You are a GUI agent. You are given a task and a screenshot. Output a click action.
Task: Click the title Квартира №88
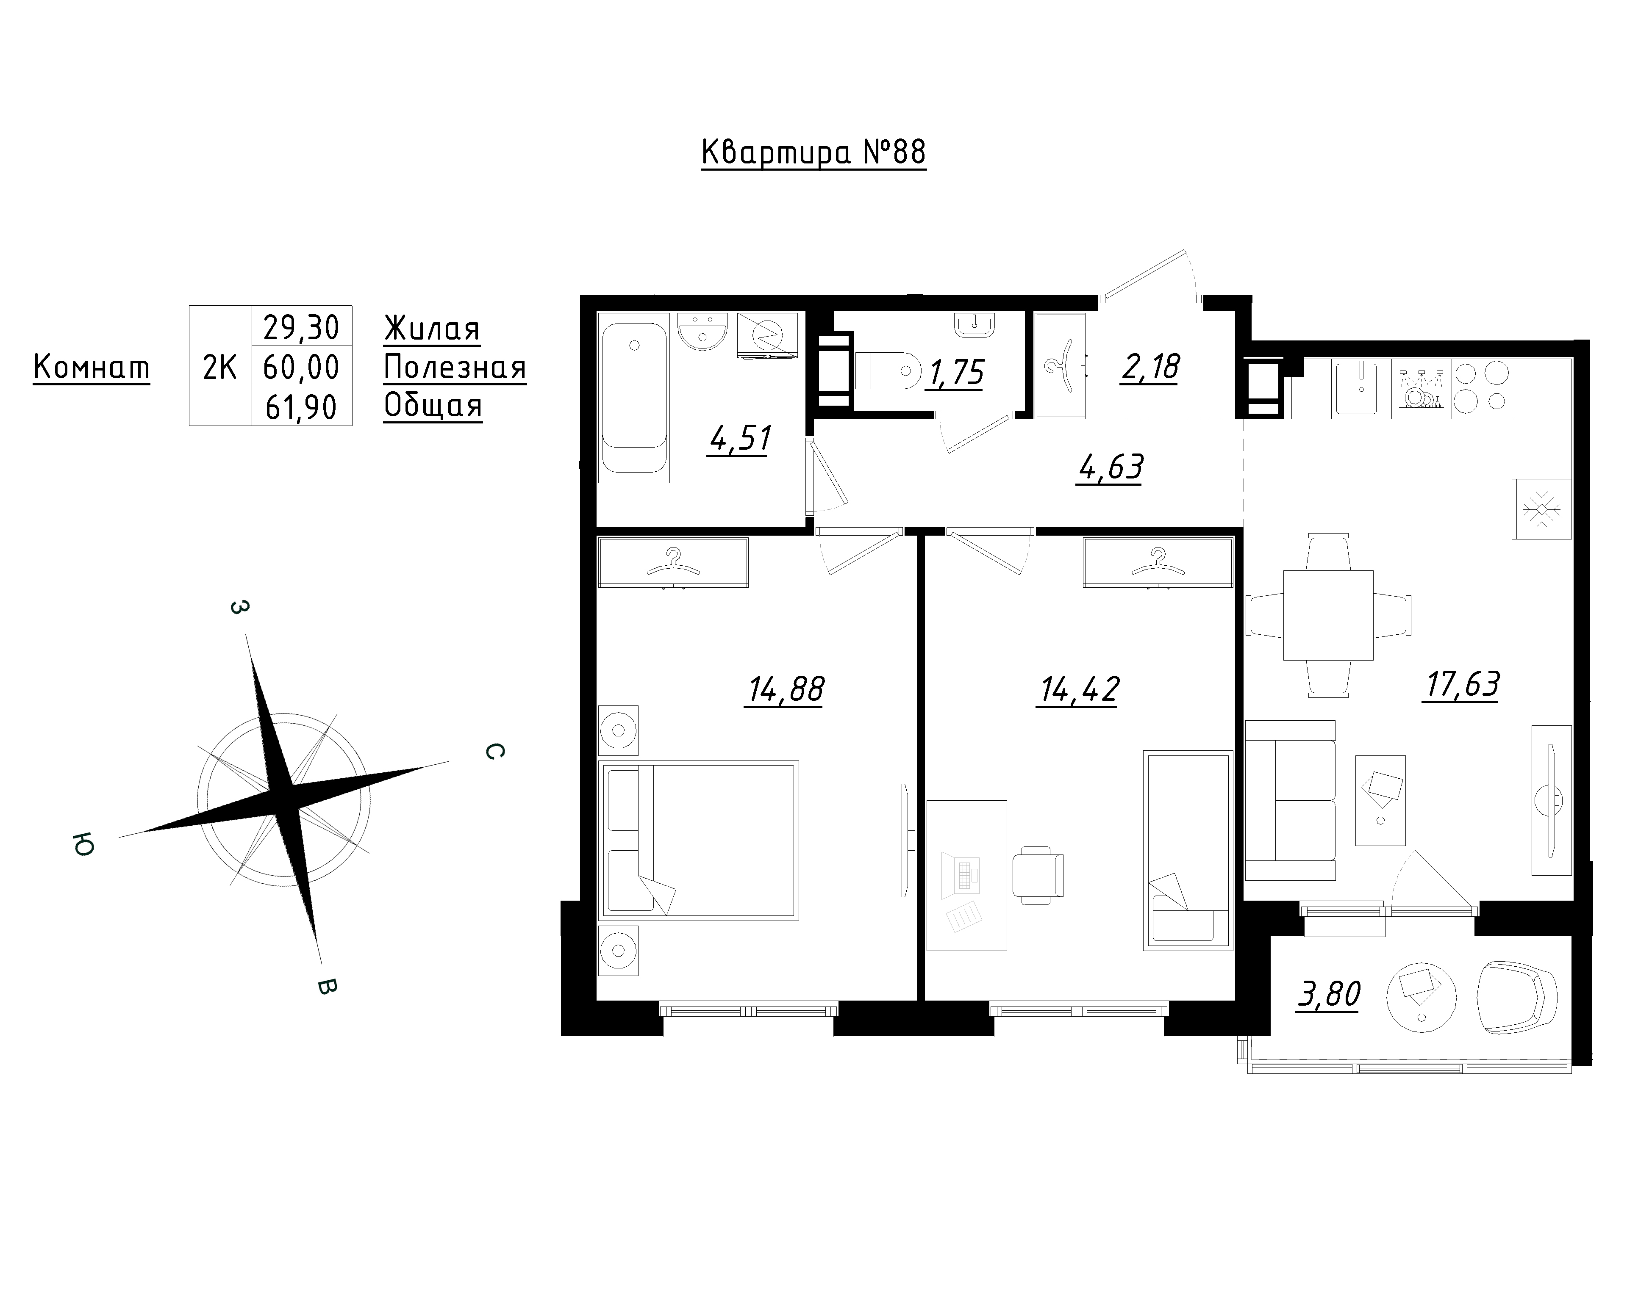click(x=813, y=153)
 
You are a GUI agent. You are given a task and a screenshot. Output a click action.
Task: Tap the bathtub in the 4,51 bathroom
click(x=634, y=398)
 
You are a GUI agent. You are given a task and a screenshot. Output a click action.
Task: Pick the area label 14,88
click(x=785, y=689)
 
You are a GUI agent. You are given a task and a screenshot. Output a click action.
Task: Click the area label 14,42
click(x=1077, y=689)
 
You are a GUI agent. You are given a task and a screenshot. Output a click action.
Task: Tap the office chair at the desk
click(x=1038, y=875)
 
